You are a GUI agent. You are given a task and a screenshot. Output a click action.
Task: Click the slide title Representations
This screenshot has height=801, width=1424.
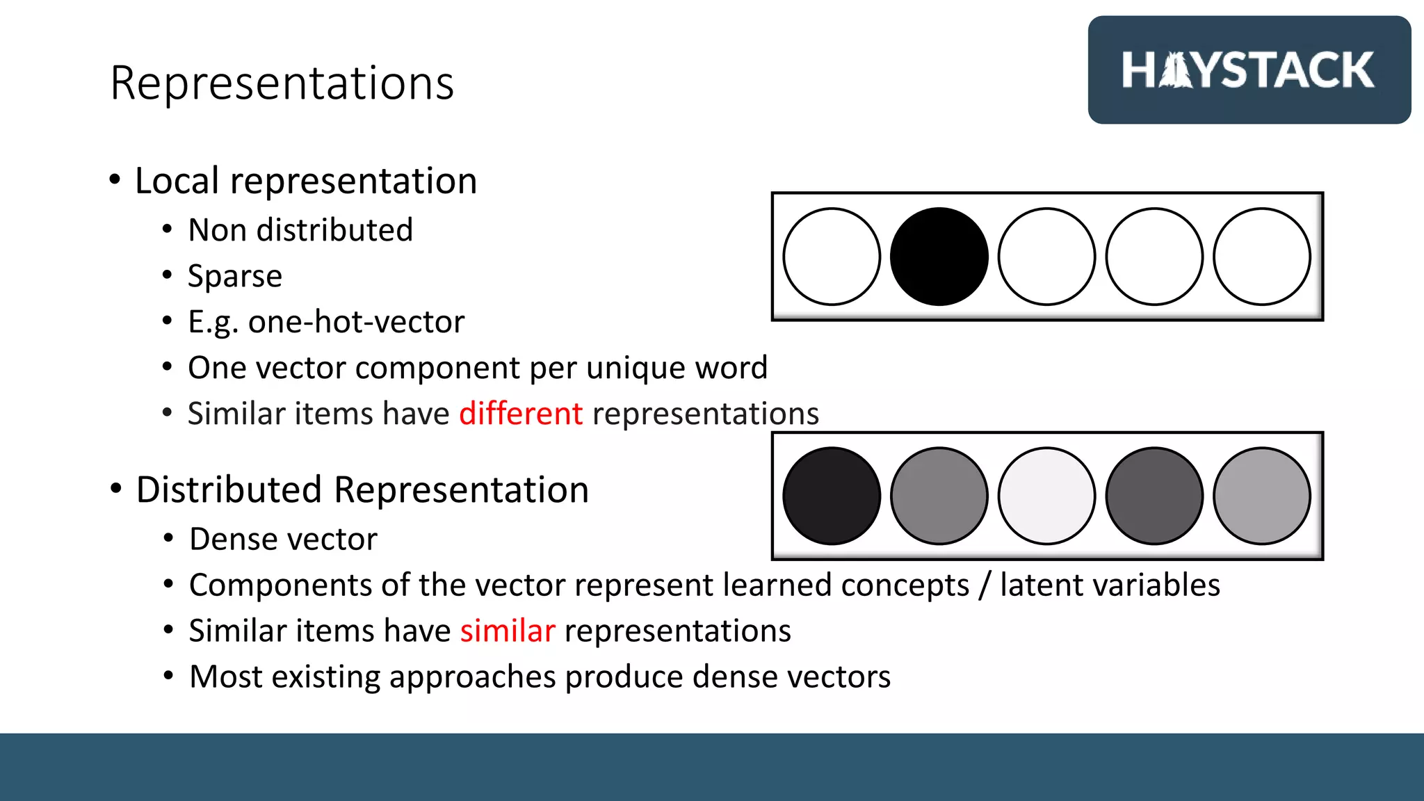[282, 83]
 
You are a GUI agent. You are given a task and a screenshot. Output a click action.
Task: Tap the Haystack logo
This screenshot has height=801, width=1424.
[1249, 70]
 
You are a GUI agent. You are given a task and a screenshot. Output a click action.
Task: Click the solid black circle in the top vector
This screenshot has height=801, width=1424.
[939, 257]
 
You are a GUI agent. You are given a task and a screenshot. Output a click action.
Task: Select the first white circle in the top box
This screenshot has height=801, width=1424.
[832, 257]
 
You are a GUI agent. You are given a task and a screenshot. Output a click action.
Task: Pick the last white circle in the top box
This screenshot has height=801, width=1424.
[1261, 257]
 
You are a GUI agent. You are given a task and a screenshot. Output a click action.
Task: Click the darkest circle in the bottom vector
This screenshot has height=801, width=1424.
[832, 496]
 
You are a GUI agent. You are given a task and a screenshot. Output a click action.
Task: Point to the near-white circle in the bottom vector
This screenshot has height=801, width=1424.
[1046, 496]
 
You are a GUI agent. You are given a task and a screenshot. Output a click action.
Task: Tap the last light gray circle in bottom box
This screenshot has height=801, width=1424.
[1261, 496]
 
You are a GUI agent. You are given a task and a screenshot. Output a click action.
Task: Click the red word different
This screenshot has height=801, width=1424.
[521, 414]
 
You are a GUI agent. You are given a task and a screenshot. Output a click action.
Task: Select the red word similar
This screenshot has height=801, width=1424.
[508, 631]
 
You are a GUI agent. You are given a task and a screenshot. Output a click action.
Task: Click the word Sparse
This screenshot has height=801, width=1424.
[235, 276]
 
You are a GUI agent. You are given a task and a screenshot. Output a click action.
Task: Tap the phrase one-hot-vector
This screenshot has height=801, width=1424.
[356, 322]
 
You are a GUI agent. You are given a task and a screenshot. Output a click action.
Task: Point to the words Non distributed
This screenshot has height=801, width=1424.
[300, 230]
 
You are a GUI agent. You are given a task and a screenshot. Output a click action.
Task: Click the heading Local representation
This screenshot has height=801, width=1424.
[306, 181]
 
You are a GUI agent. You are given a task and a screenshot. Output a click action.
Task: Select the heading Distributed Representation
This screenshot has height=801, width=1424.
[362, 489]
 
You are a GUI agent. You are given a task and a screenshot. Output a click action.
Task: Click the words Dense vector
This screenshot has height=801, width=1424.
[283, 539]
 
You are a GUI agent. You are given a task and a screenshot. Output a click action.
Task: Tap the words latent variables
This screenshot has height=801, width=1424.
[1110, 585]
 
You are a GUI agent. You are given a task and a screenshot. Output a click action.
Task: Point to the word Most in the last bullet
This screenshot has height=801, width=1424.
[226, 677]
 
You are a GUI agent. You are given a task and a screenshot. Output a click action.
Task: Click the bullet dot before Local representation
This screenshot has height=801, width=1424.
[115, 180]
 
